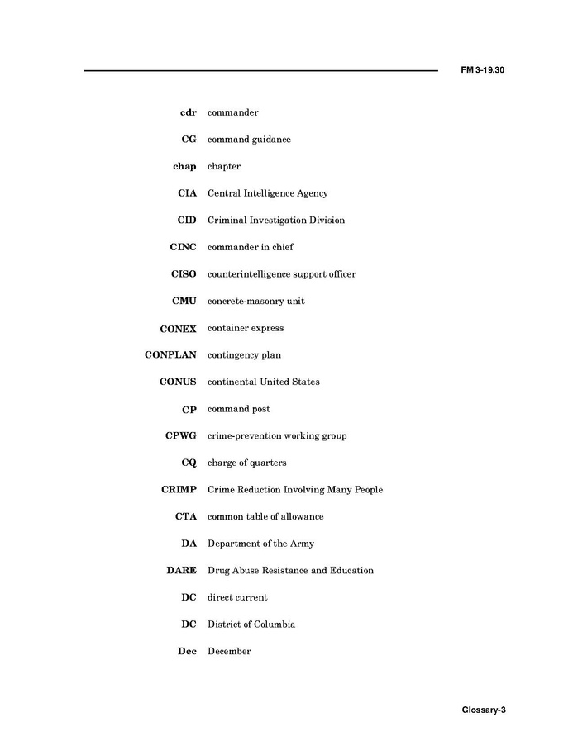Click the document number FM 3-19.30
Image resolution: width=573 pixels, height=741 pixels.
(x=482, y=70)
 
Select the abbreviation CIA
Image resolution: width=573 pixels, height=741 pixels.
(x=187, y=193)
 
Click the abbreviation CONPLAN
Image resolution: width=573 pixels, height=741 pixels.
(x=170, y=355)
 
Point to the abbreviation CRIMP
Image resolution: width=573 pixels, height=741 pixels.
(x=179, y=490)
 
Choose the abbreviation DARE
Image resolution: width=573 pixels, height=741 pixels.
(x=181, y=570)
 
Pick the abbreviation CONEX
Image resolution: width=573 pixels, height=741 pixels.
(x=178, y=329)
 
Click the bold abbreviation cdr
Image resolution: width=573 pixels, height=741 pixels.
(x=188, y=112)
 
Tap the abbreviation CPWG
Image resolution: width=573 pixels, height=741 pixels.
(x=180, y=436)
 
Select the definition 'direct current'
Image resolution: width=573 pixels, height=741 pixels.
(x=237, y=597)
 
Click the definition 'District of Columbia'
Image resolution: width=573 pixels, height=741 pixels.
(x=251, y=625)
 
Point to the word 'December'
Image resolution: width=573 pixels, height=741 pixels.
(x=229, y=651)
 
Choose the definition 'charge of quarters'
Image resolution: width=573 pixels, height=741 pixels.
(x=246, y=463)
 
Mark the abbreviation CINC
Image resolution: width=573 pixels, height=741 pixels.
(x=183, y=247)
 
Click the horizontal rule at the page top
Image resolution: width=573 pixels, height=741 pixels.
(x=260, y=71)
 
